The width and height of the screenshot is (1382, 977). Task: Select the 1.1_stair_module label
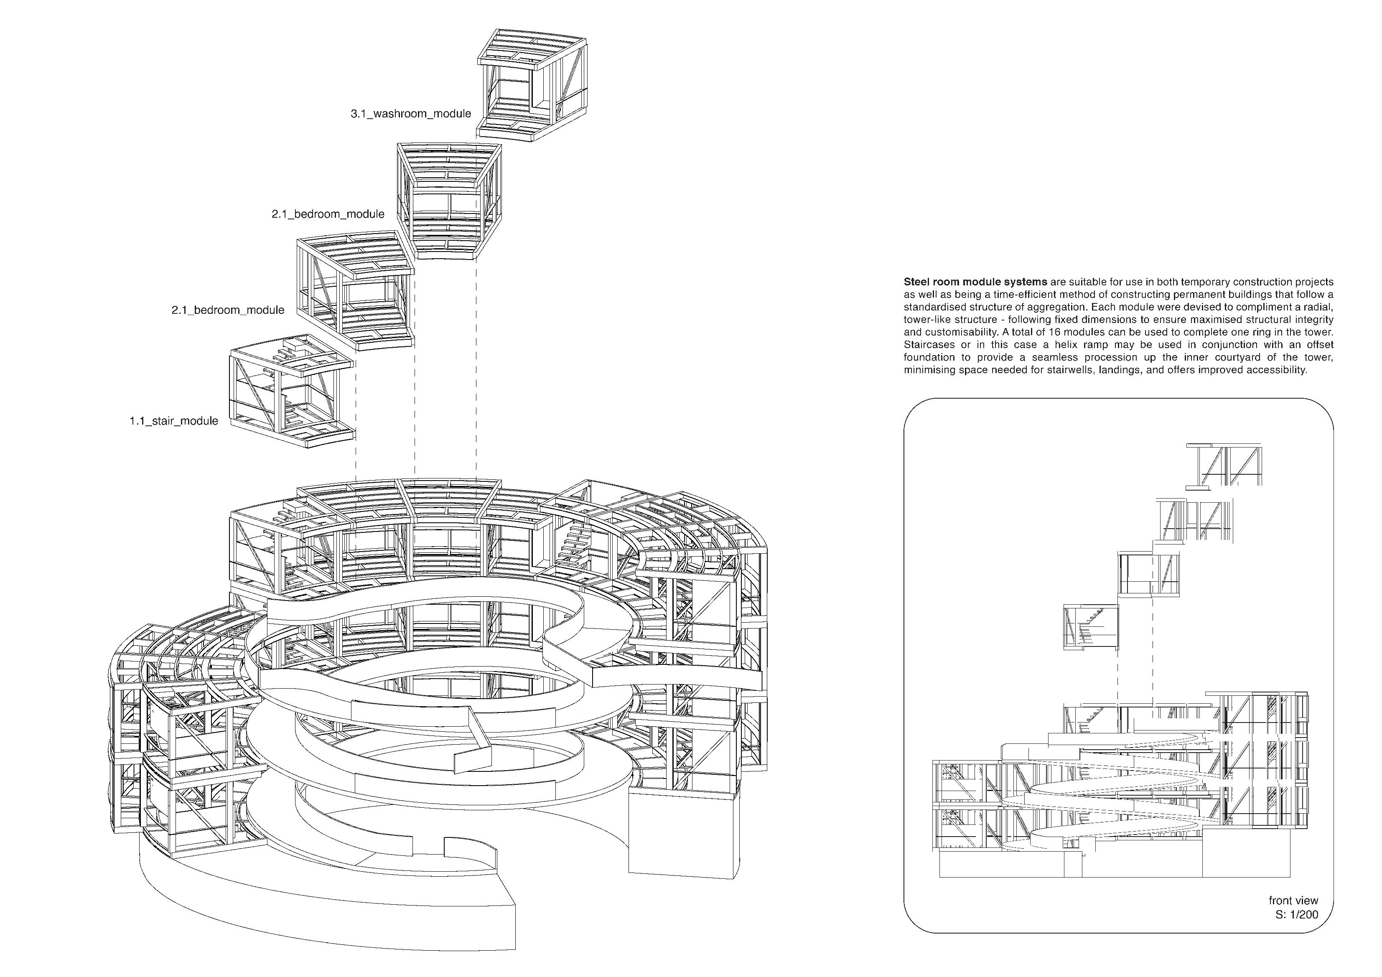click(x=173, y=421)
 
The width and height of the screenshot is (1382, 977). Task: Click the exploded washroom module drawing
click(x=532, y=88)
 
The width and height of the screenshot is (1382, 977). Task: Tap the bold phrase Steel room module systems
click(x=975, y=282)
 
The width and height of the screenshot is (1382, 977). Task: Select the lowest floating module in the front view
click(x=1090, y=626)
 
